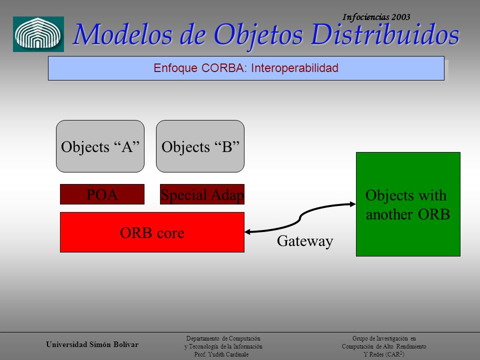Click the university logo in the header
pos(38,34)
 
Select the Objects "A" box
pos(100,146)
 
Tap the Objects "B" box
pos(200,146)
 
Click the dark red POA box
pos(102,194)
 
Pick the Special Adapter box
pos(202,194)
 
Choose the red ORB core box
pos(152,232)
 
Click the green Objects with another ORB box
pos(408,204)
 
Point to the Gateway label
pos(305,241)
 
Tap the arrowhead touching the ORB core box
pos(247,231)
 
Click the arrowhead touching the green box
pos(352,204)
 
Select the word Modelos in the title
pos(123,34)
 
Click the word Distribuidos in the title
pos(385,34)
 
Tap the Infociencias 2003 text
pos(376,17)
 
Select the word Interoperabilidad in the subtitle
pos(294,68)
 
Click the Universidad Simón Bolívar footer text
pos(92,344)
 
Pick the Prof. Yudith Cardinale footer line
pos(221,354)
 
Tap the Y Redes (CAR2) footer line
pos(384,354)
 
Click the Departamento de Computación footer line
pos(223,338)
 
